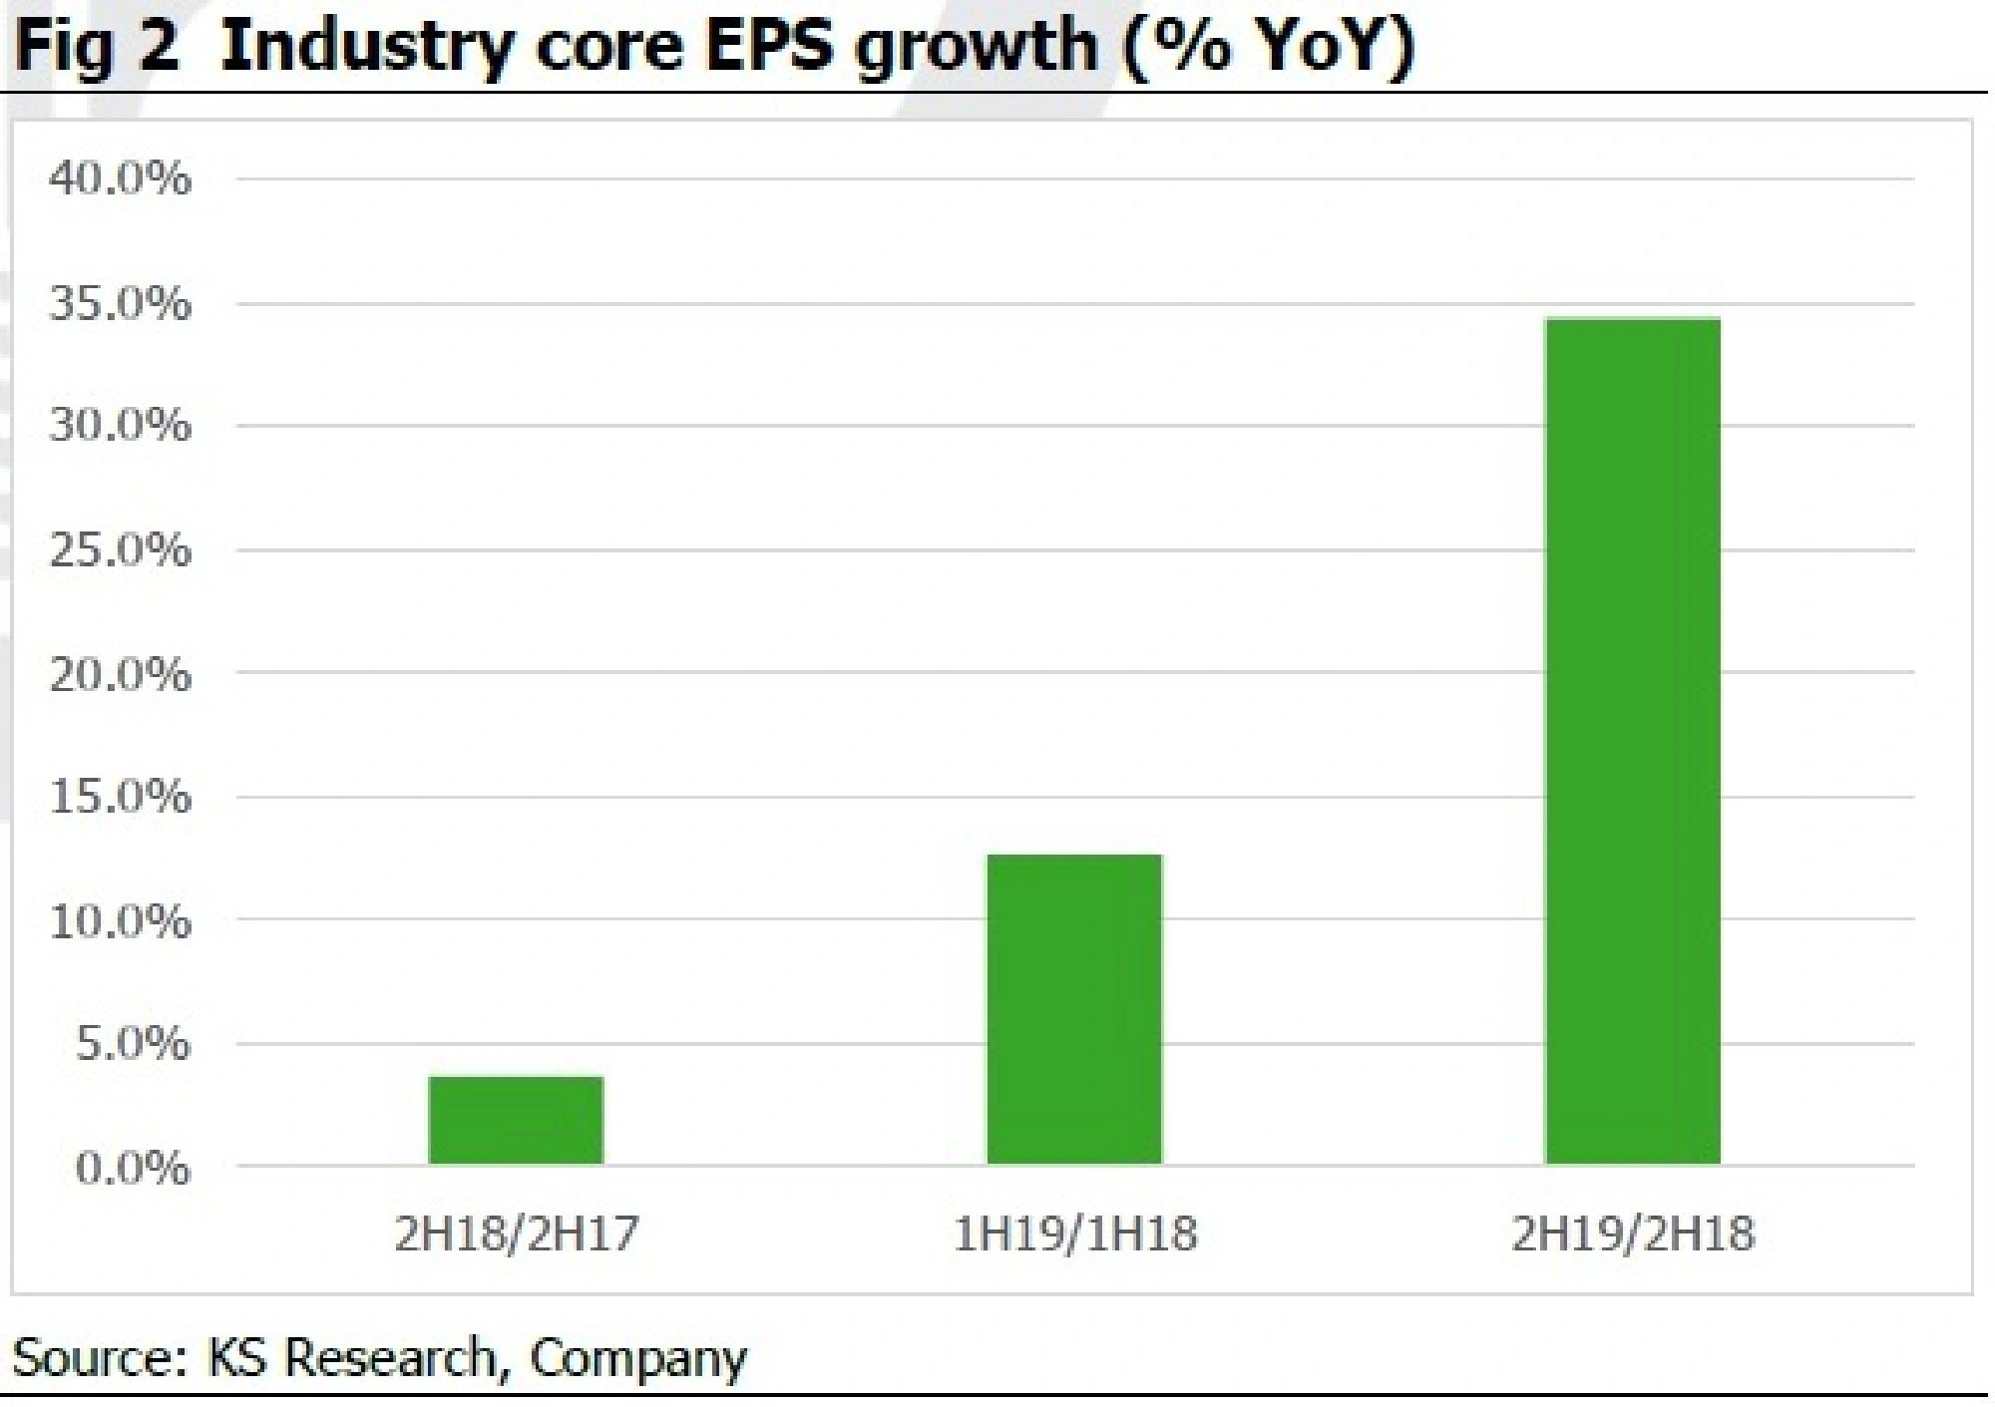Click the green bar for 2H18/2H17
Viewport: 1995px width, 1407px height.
(x=516, y=1120)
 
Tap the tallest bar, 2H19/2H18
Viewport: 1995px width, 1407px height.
(x=1632, y=741)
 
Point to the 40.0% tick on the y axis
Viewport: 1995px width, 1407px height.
(x=120, y=179)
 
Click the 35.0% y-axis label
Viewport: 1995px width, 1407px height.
(x=120, y=303)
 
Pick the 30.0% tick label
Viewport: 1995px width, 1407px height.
(x=120, y=426)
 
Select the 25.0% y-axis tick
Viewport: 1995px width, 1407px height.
(x=120, y=549)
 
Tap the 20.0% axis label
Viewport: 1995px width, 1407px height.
(x=120, y=674)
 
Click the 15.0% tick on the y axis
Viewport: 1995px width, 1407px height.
(x=120, y=797)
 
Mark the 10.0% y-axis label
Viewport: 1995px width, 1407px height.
(x=120, y=920)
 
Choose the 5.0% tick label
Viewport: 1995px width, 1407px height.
(x=132, y=1044)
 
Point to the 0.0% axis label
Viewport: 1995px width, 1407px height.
(x=132, y=1168)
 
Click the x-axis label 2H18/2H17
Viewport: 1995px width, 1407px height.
(x=516, y=1234)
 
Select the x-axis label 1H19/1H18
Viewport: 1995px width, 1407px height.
(x=1074, y=1234)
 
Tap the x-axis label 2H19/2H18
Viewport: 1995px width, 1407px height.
(x=1632, y=1234)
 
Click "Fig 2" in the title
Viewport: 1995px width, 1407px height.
(x=96, y=48)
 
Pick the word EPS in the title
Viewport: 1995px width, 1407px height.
(x=768, y=46)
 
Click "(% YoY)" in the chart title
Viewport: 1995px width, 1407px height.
(x=1268, y=46)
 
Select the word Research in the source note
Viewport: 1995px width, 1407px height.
(x=390, y=1358)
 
